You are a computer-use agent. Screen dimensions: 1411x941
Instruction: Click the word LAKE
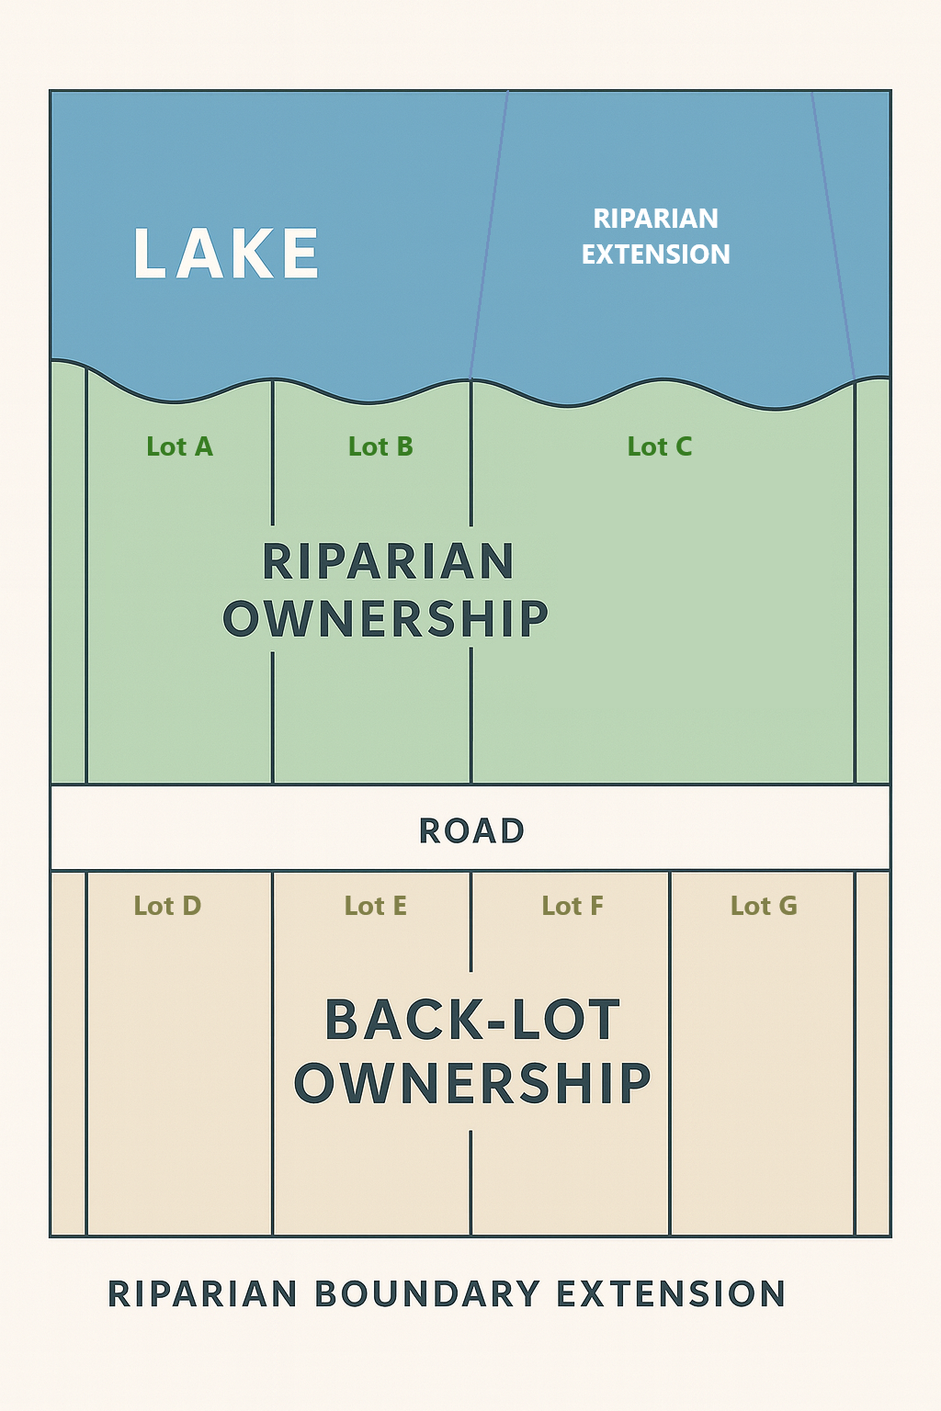[x=226, y=254]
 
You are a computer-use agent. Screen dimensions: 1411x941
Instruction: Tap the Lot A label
[x=180, y=446]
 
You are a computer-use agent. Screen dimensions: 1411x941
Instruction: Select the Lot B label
[x=380, y=446]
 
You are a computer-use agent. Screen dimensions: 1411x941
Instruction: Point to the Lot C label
[x=660, y=446]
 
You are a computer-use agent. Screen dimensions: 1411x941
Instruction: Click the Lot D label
[x=167, y=906]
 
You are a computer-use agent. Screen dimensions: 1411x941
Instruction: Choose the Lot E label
[x=376, y=906]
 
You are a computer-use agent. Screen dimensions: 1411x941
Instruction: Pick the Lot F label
[x=573, y=906]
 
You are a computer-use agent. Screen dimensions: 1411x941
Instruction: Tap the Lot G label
[x=764, y=906]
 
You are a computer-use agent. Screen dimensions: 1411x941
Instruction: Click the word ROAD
[x=472, y=831]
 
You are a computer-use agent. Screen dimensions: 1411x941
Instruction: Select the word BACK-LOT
[x=473, y=1021]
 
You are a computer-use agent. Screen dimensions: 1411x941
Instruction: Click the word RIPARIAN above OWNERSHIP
[x=388, y=562]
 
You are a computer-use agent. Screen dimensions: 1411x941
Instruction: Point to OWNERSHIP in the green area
[x=386, y=618]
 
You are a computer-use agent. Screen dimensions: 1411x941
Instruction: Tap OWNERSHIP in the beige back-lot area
[x=473, y=1083]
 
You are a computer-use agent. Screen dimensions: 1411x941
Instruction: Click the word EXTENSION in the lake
[x=656, y=254]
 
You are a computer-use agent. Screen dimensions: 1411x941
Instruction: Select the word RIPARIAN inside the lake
[x=656, y=219]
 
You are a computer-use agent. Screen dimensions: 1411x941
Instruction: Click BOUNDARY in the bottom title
[x=427, y=1294]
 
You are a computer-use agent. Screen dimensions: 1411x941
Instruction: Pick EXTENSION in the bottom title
[x=671, y=1294]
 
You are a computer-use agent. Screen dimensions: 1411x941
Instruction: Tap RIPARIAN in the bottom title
[x=203, y=1294]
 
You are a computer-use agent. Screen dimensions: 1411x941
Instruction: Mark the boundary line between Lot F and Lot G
[x=670, y=1056]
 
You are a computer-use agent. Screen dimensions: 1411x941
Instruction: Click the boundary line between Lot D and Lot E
[x=272, y=1056]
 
